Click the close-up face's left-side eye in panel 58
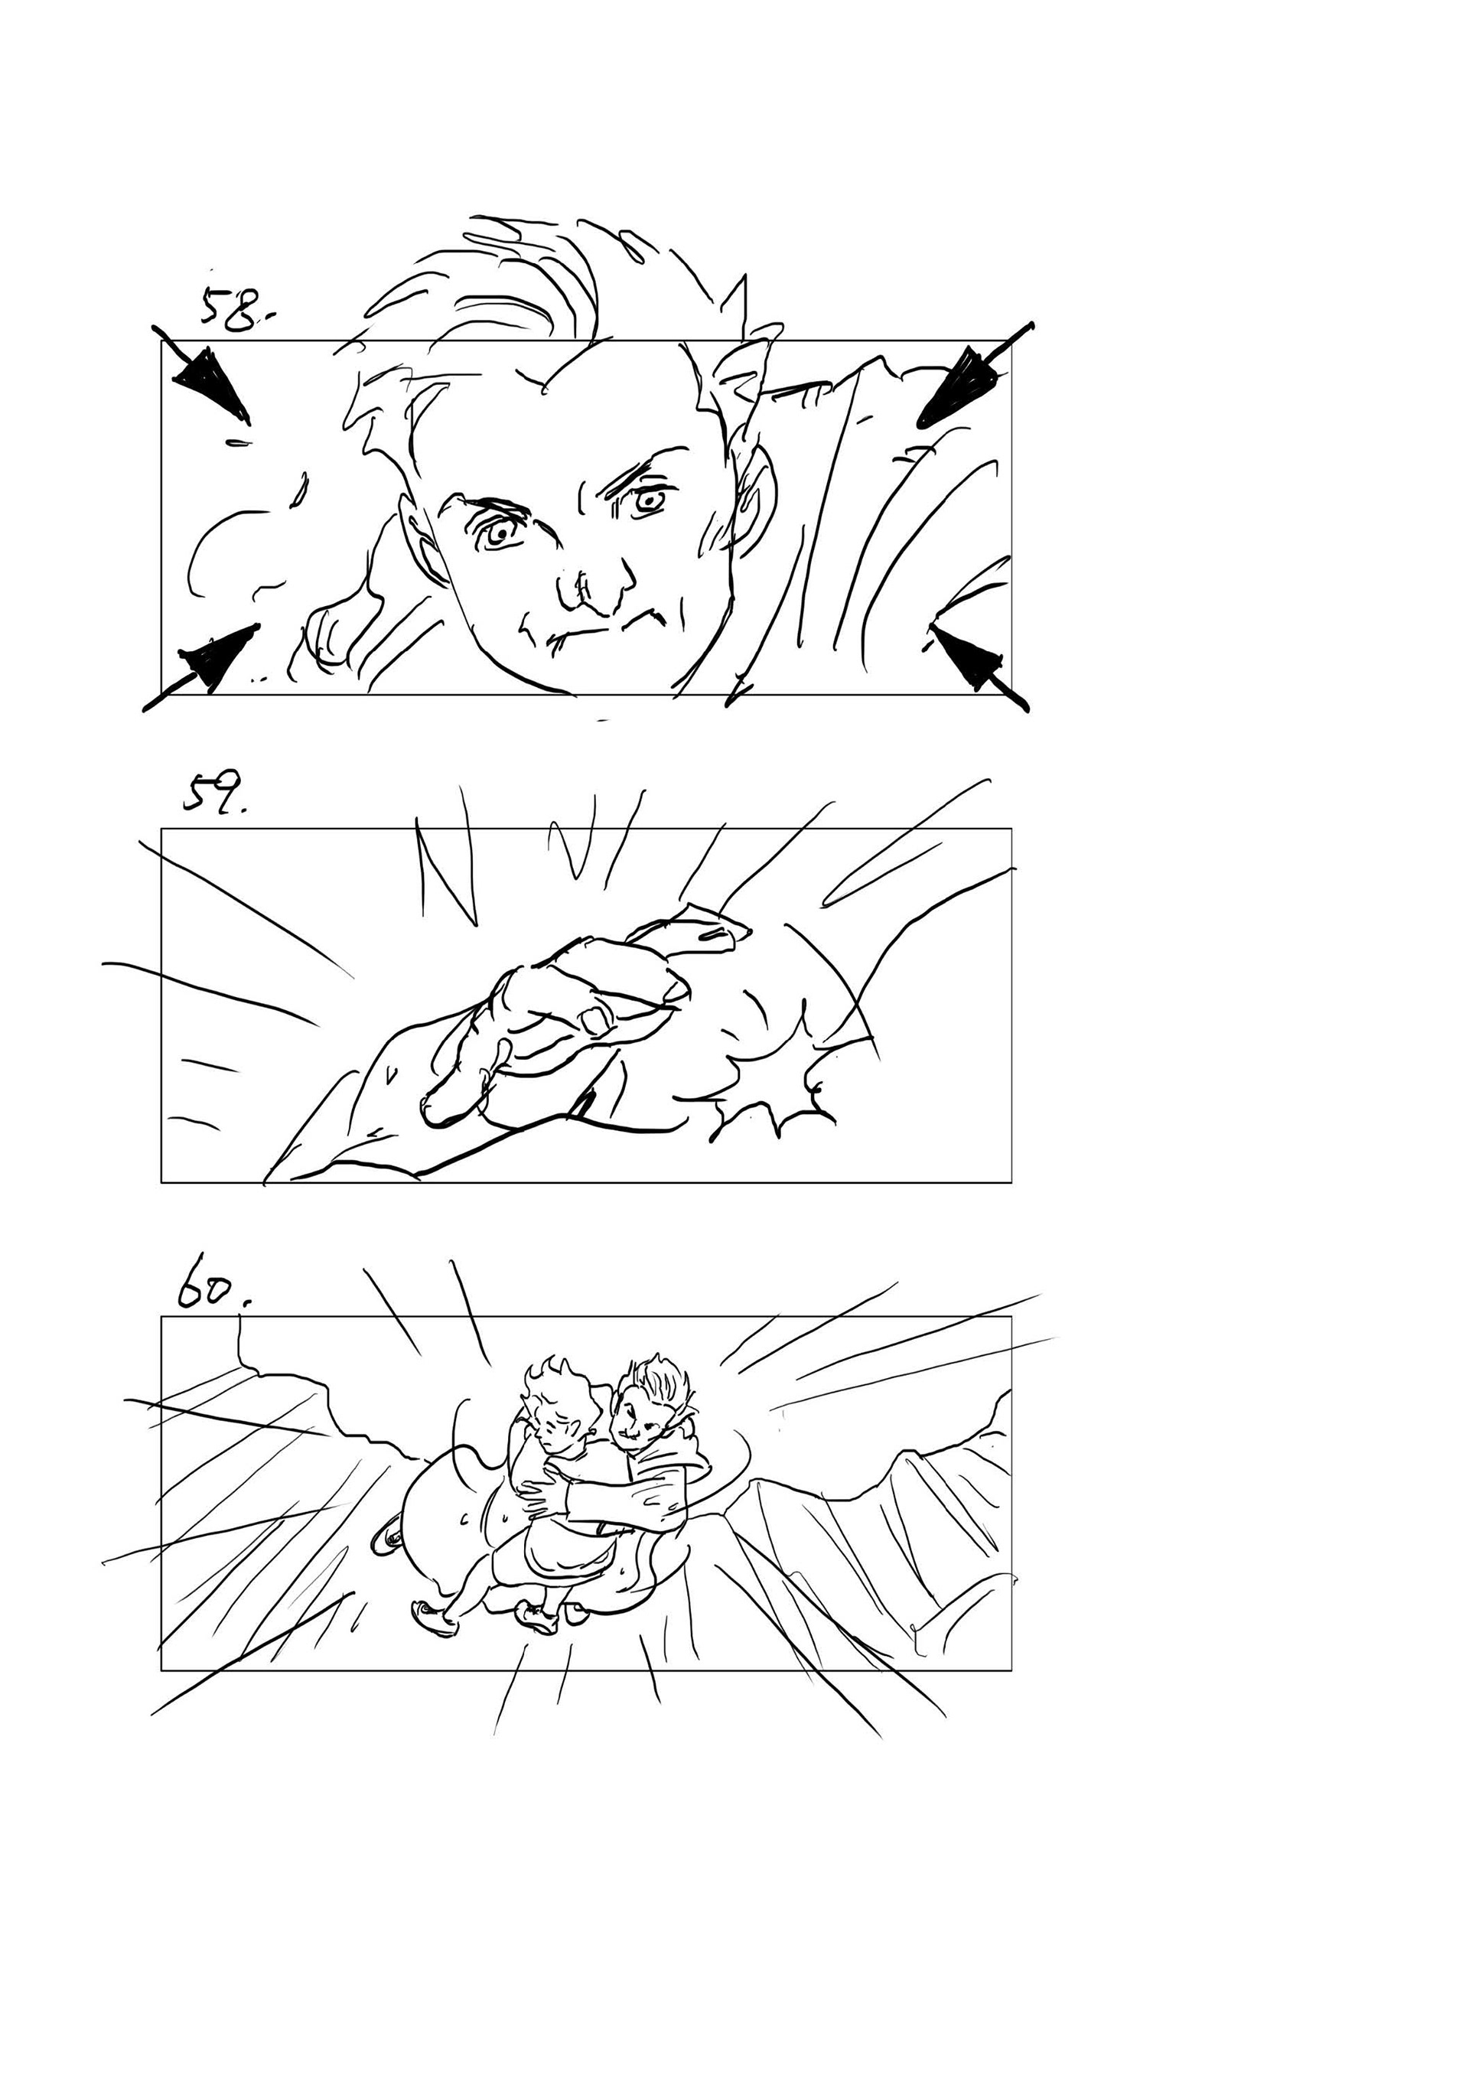[497, 533]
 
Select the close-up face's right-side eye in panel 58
[649, 499]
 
